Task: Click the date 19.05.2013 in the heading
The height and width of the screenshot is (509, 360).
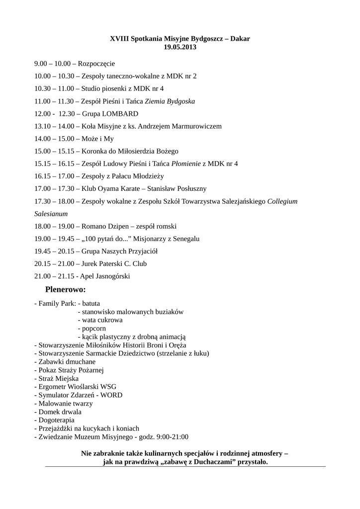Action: pos(180,47)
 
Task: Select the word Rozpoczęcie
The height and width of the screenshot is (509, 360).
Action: pos(96,64)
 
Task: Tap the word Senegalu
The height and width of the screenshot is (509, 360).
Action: pos(184,239)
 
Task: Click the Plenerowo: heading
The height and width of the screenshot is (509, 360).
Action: pos(65,289)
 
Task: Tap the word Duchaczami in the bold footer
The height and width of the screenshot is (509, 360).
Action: pos(209,462)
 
